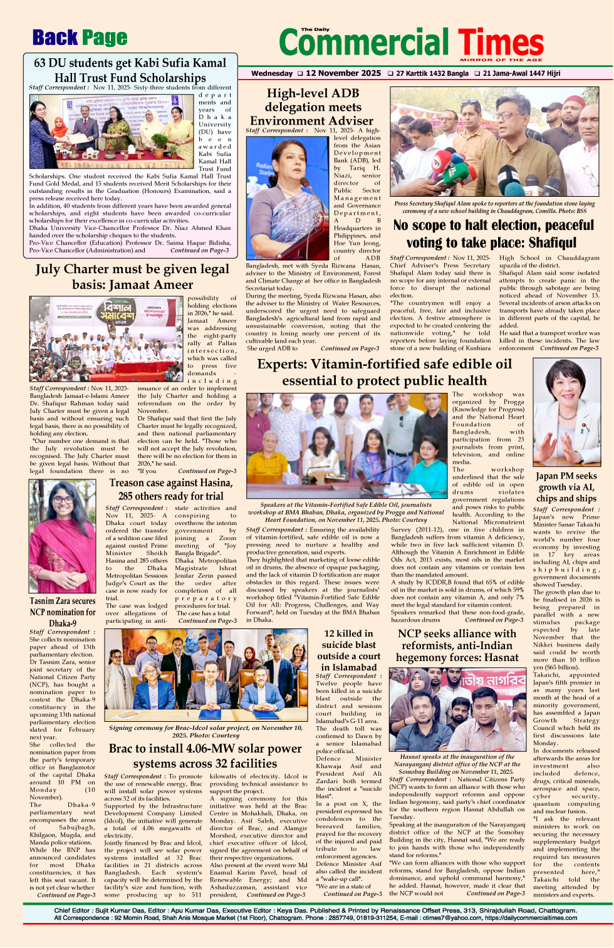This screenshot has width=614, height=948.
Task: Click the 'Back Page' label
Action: pos(80,38)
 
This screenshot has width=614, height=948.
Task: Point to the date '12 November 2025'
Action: pos(343,73)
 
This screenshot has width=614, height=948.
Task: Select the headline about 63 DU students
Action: pos(130,70)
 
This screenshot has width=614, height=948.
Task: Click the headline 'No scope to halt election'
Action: pos(494,234)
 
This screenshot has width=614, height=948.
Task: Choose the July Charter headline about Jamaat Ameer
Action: pos(132,276)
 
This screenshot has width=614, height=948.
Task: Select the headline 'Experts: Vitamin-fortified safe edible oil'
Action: pos(384,372)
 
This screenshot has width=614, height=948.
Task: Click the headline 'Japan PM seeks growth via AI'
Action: pos(566,487)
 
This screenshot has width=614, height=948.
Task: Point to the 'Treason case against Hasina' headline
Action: pos(170,489)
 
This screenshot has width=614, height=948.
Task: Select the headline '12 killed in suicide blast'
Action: pos(348,650)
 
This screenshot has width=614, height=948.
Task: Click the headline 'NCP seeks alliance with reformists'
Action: pos(457,645)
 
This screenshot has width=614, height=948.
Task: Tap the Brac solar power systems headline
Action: pos(205,756)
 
